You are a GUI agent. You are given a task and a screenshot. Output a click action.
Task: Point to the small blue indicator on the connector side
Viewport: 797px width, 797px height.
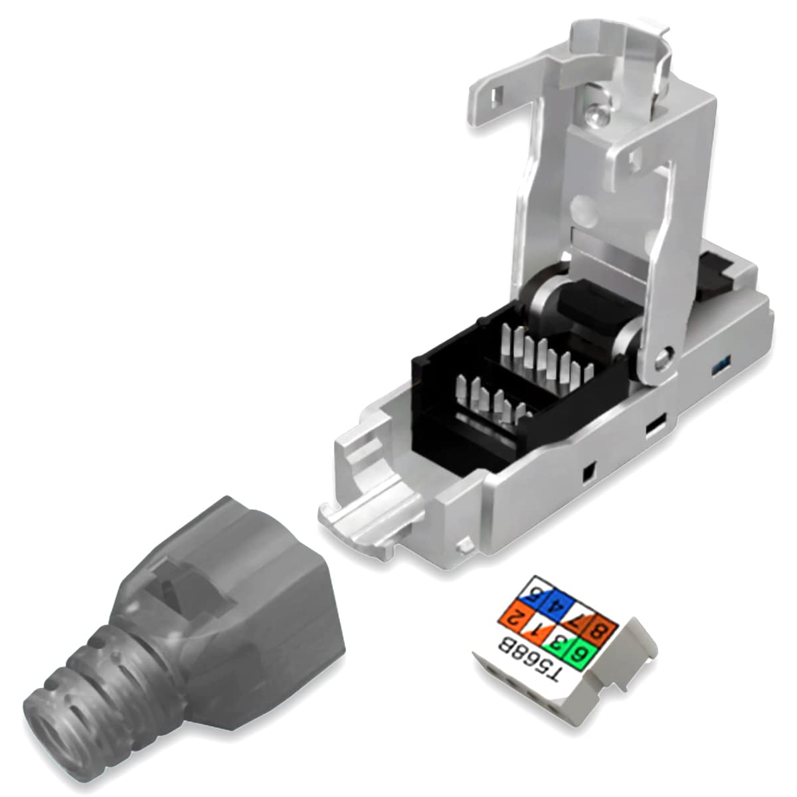tap(720, 367)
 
